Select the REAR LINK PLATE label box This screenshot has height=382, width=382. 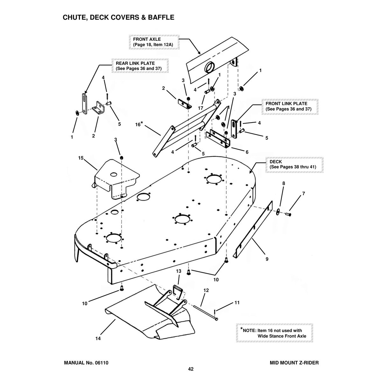(x=140, y=66)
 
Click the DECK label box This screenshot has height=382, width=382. (x=294, y=164)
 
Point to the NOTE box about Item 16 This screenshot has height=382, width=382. (x=274, y=333)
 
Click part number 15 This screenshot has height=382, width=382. (x=81, y=158)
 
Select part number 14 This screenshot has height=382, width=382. (x=98, y=339)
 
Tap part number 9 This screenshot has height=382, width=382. (x=267, y=259)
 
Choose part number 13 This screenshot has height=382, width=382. (x=179, y=271)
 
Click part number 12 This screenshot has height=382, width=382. (x=206, y=290)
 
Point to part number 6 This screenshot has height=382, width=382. (x=247, y=152)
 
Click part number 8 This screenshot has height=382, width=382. (x=284, y=183)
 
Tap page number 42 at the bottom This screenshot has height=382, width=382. (x=191, y=369)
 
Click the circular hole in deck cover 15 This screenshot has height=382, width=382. (x=114, y=174)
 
